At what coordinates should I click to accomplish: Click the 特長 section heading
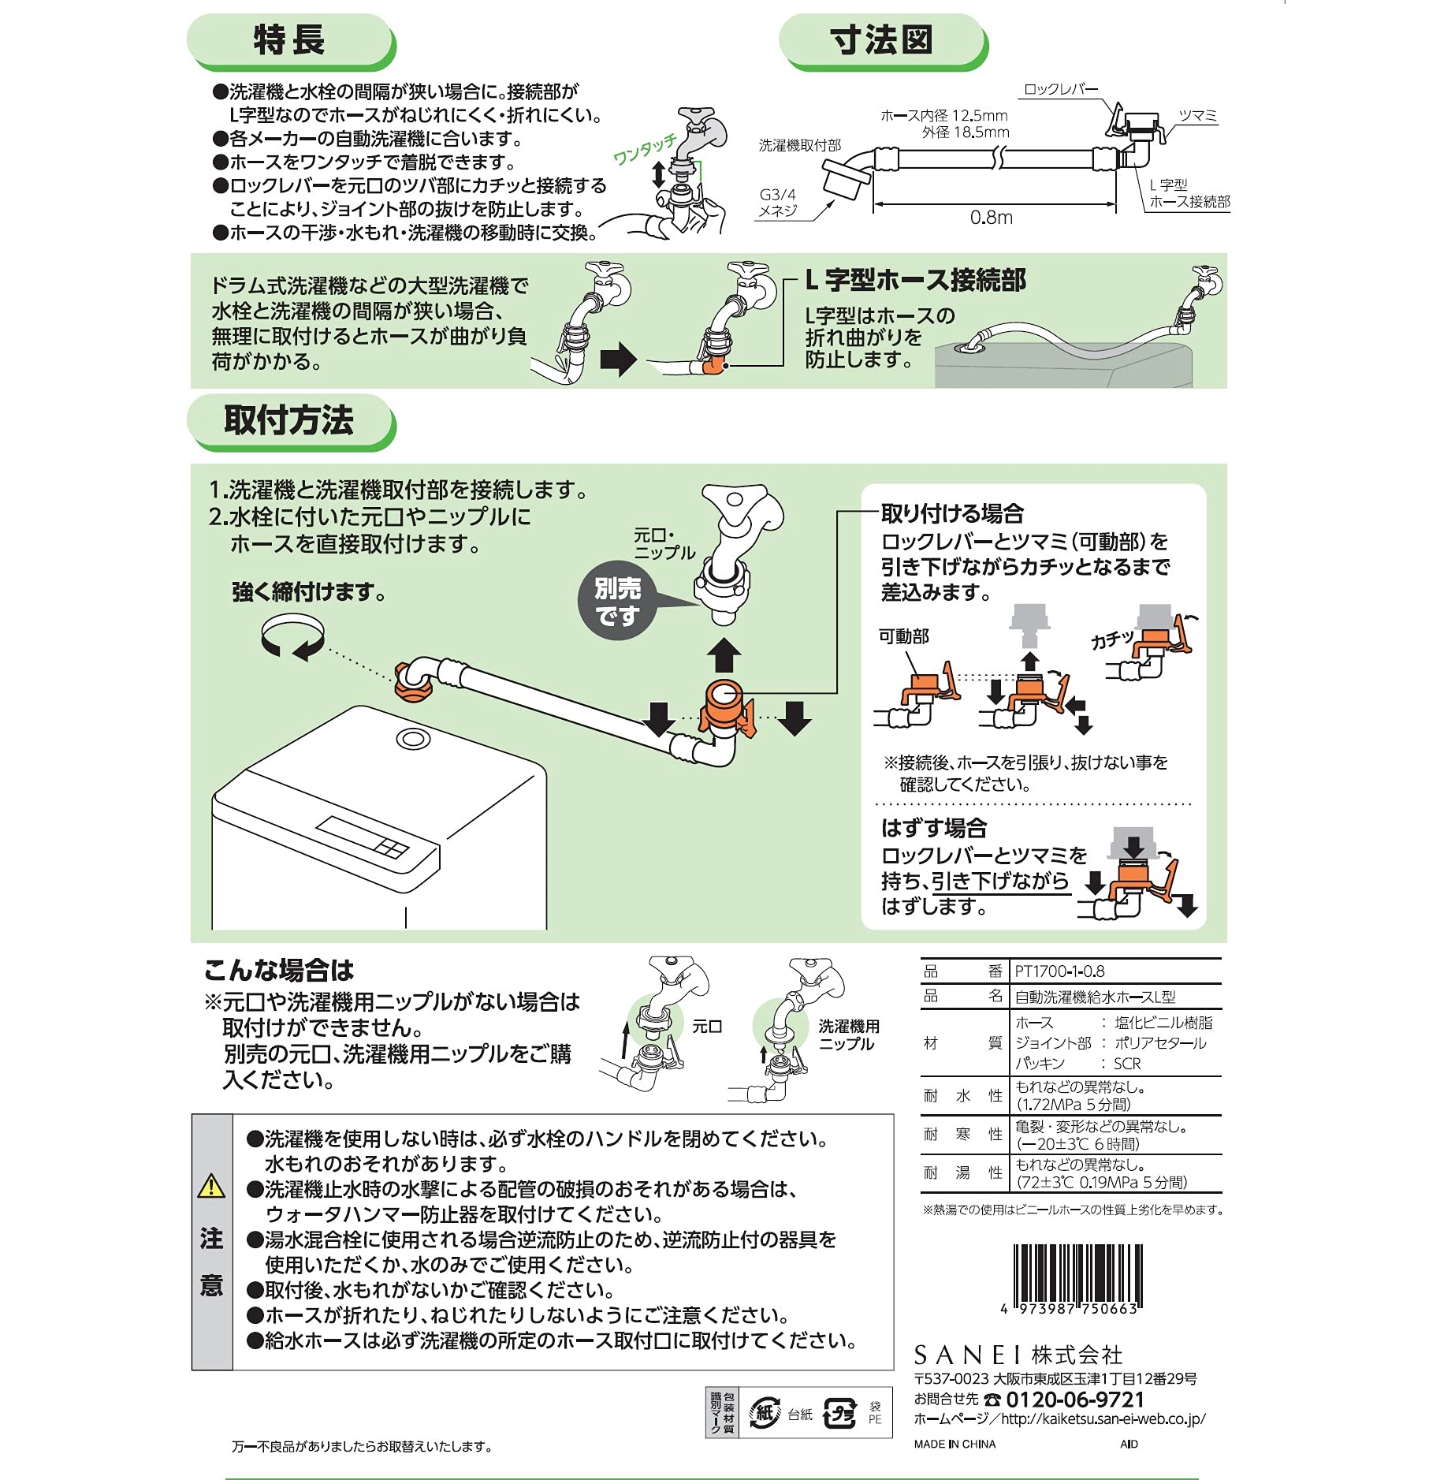(288, 40)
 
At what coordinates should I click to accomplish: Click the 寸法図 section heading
(881, 40)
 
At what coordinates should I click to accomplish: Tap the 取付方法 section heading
(288, 420)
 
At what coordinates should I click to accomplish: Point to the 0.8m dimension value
(991, 218)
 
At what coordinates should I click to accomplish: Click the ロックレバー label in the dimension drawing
(1059, 90)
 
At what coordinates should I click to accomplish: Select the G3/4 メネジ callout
(777, 203)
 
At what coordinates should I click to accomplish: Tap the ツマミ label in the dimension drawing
(1197, 117)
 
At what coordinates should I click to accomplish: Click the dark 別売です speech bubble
(617, 602)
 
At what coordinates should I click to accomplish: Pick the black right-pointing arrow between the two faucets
(617, 360)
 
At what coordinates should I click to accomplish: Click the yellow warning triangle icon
(211, 1185)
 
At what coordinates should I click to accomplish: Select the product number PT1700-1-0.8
(1059, 971)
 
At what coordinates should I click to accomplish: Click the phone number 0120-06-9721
(1075, 1400)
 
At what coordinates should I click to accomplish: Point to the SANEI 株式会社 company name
(1018, 1355)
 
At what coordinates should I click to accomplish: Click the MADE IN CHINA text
(955, 1444)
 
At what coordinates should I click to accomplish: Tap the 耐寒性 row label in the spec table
(962, 1135)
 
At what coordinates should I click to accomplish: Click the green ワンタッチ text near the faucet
(645, 148)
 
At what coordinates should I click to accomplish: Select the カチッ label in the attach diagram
(1111, 639)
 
